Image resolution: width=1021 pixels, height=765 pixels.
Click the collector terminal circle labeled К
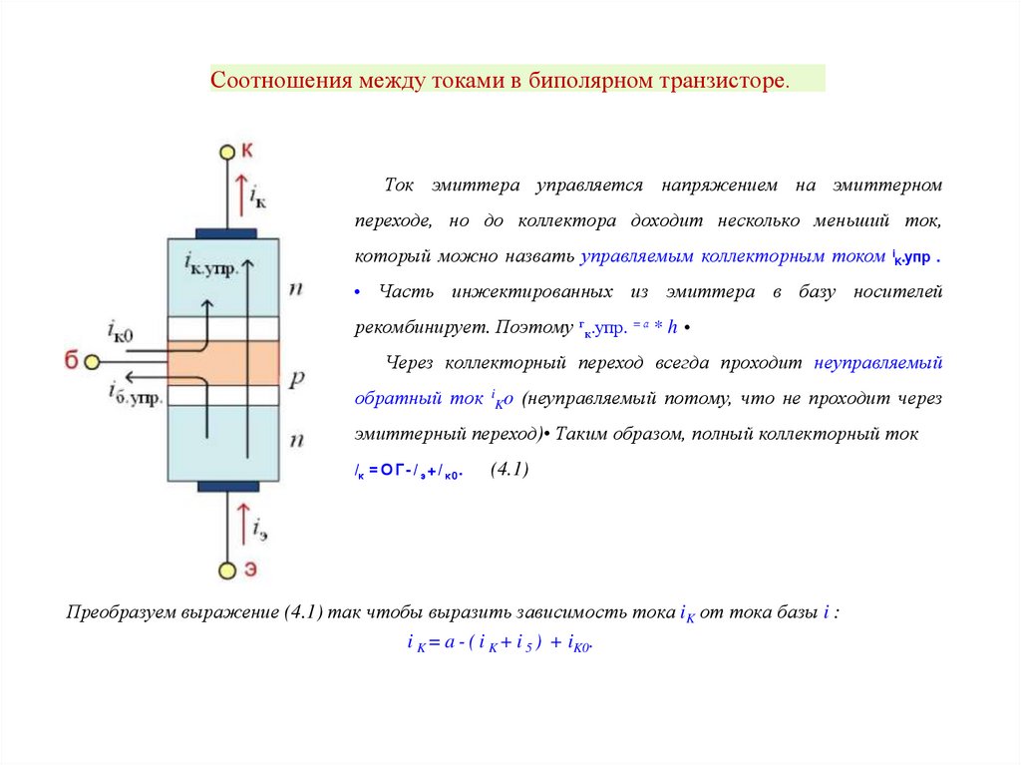[226, 153]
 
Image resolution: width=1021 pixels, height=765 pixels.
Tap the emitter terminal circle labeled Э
[226, 571]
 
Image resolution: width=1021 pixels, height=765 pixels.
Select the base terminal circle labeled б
[92, 361]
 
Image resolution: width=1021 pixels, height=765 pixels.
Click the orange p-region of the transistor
[223, 363]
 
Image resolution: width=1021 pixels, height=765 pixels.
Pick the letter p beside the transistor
[296, 378]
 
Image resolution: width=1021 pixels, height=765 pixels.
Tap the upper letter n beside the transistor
[296, 289]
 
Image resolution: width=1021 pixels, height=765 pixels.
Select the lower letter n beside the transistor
[296, 439]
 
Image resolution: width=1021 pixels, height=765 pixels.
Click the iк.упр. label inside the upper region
[211, 265]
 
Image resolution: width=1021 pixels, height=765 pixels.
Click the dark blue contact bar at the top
[226, 233]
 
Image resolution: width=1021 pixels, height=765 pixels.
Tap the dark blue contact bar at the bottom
[226, 487]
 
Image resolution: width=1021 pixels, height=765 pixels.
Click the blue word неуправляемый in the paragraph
[877, 362]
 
